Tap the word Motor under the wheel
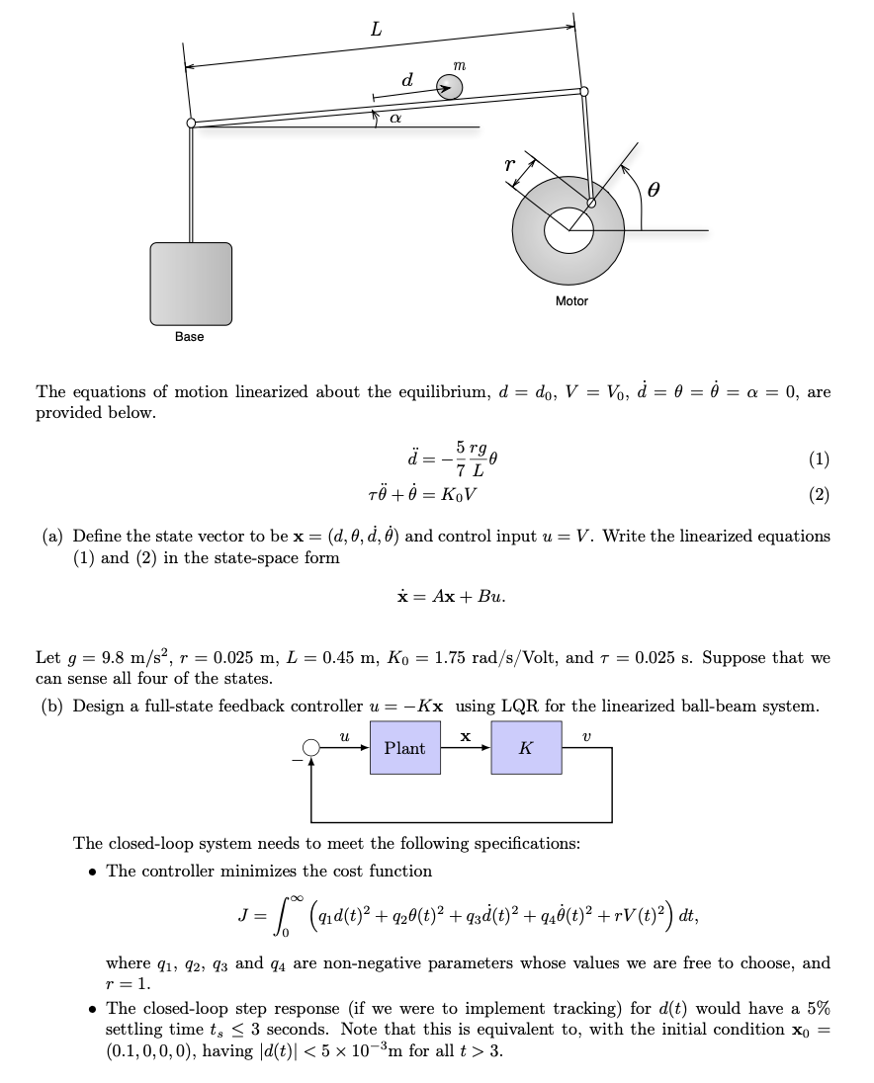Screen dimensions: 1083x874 click(x=571, y=301)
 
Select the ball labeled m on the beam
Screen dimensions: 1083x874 click(x=450, y=89)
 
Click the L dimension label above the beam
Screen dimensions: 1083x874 click(x=376, y=31)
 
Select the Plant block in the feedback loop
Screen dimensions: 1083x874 click(x=404, y=748)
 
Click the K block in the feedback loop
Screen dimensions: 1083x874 click(x=526, y=748)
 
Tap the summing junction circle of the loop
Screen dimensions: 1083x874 click(x=311, y=750)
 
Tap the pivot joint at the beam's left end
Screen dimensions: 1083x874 click(x=191, y=124)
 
